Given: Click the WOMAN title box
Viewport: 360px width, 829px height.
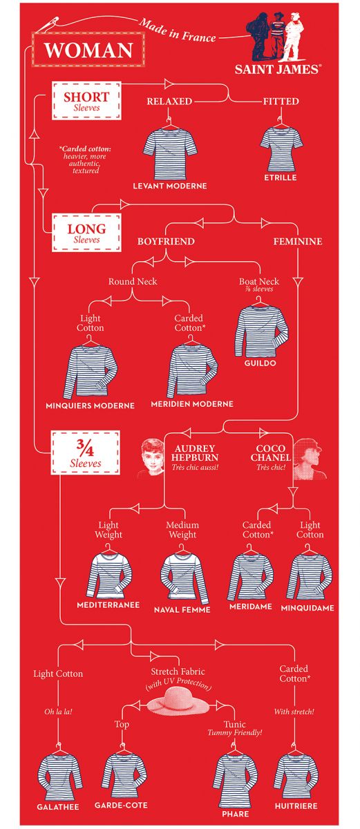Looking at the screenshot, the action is tap(88, 50).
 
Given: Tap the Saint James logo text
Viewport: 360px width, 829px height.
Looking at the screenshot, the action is tap(278, 69).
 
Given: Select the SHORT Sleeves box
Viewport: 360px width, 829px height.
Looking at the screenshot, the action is tap(86, 100).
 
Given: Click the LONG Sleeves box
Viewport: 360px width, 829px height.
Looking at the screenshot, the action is tap(86, 232).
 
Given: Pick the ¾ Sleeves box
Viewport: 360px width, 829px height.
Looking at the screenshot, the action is tap(86, 452).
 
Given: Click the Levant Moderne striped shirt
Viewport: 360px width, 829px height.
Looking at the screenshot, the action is tap(170, 152).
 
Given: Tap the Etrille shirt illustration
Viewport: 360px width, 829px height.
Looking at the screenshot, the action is tap(281, 147).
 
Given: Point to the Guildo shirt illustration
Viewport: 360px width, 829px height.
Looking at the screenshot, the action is tap(260, 330).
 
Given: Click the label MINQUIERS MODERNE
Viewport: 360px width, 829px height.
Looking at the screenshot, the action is tap(90, 406).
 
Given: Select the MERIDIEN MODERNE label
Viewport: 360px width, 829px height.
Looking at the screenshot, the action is tap(192, 404).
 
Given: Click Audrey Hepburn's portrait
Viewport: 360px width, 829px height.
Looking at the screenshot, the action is tap(151, 458).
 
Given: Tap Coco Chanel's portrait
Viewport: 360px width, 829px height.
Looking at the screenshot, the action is tap(310, 459).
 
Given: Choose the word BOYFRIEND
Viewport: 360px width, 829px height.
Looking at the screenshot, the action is tap(166, 241).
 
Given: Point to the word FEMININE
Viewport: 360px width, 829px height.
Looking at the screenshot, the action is tap(298, 241).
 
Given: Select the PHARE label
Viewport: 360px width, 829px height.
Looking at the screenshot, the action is tap(236, 814).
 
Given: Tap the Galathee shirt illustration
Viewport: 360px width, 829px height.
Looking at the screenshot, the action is tap(59, 775).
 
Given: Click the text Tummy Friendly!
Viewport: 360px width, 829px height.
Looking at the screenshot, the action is tap(234, 732).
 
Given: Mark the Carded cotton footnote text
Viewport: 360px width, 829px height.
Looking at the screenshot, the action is tap(86, 160).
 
